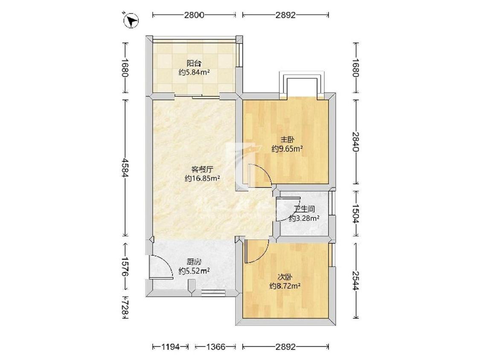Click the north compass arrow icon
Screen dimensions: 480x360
pyautogui.click(x=131, y=21)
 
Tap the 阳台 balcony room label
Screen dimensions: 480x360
pyautogui.click(x=194, y=64)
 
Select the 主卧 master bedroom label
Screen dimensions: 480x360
pyautogui.click(x=288, y=139)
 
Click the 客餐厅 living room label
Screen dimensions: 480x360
pyautogui.click(x=202, y=169)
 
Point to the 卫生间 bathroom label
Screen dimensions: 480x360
pyautogui.click(x=304, y=209)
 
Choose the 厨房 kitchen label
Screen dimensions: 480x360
pyautogui.click(x=194, y=262)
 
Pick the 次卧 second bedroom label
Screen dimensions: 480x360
pyautogui.click(x=285, y=277)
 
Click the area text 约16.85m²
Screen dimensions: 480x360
pyautogui.click(x=202, y=178)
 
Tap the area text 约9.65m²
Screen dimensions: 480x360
pyautogui.click(x=288, y=149)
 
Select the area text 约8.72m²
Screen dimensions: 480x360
pyautogui.click(x=285, y=286)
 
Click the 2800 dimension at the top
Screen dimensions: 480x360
pyautogui.click(x=194, y=15)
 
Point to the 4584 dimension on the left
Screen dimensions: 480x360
pyautogui.click(x=125, y=168)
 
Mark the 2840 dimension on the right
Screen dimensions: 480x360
pyautogui.click(x=356, y=142)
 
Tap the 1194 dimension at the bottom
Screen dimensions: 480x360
pyautogui.click(x=171, y=347)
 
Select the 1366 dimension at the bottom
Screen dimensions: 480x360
pyautogui.click(x=215, y=347)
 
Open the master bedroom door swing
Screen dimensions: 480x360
pyautogui.click(x=259, y=175)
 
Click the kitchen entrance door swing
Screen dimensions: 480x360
pyautogui.click(x=160, y=267)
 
